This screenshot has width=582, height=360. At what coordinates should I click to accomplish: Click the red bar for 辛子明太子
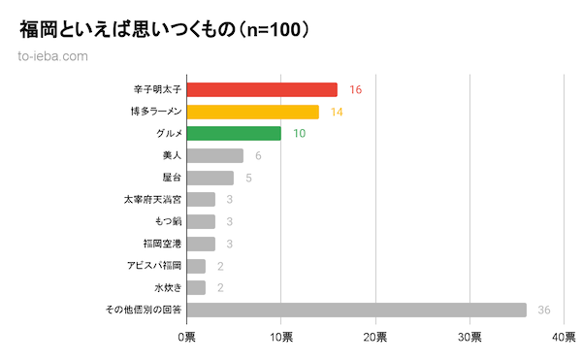262,89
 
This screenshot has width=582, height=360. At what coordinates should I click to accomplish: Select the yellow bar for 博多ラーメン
252,112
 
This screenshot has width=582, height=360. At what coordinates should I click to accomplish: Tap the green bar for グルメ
234,133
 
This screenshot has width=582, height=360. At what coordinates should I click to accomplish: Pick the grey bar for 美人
214,155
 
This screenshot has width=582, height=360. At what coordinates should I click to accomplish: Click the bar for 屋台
210,178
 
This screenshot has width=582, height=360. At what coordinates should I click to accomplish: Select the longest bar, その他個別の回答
356,310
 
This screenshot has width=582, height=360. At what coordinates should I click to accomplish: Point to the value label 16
355,89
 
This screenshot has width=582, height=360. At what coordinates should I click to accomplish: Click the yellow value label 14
337,112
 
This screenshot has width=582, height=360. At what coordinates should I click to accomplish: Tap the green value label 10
299,133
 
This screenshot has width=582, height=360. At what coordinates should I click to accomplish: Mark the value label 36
544,310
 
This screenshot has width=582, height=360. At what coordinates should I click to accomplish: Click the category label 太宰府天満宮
152,200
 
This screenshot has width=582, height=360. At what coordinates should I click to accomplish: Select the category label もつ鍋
166,221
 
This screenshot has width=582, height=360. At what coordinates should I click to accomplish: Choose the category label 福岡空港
161,244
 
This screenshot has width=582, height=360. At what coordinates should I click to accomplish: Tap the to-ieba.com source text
53,55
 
